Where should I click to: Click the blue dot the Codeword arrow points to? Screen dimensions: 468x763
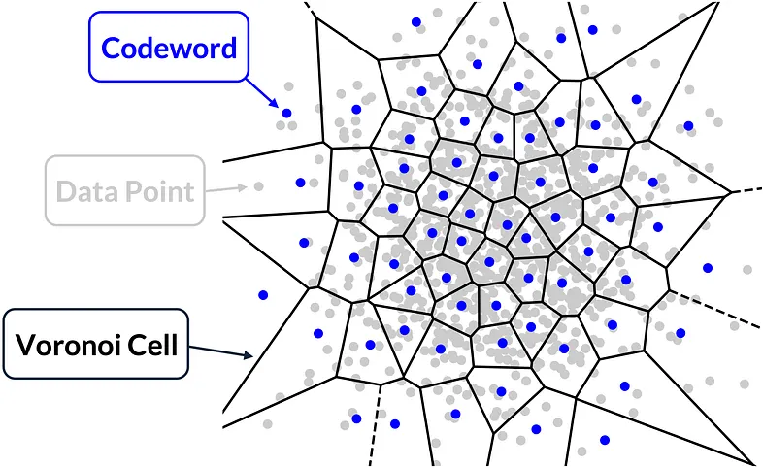click(x=286, y=114)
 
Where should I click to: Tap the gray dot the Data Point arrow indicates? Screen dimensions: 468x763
click(x=258, y=185)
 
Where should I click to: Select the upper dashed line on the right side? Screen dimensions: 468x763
click(x=745, y=190)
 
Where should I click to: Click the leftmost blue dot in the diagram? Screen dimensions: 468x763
click(x=262, y=294)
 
